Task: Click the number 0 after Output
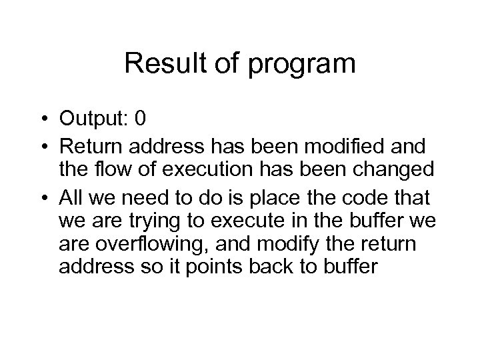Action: pos(139,119)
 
